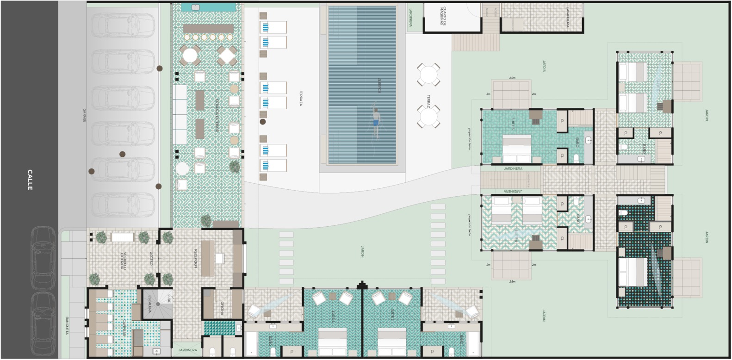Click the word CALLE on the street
tap(30, 180)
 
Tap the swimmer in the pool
tap(376, 123)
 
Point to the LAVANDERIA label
tap(568, 17)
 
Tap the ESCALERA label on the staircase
tap(149, 304)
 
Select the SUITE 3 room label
tap(513, 124)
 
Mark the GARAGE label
tap(84, 115)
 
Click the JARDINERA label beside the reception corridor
tap(187, 350)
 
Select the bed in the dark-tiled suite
tap(633, 272)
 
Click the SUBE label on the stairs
tap(169, 298)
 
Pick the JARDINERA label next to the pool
tap(410, 18)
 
